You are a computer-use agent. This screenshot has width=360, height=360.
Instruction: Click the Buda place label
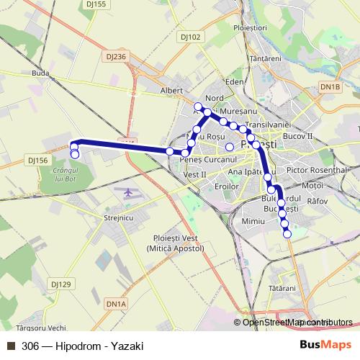(41, 73)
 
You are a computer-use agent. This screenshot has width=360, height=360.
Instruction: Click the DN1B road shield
(330, 86)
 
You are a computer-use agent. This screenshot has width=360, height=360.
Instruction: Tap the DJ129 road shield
(61, 284)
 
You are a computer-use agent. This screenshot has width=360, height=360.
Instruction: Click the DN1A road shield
(115, 305)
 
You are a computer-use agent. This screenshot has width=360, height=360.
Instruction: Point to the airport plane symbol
(129, 192)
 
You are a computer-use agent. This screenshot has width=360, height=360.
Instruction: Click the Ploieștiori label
(250, 27)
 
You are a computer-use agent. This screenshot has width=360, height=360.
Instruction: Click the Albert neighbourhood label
(171, 91)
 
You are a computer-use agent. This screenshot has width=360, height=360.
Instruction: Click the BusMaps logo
(326, 345)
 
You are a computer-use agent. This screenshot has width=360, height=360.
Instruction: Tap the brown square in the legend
(10, 346)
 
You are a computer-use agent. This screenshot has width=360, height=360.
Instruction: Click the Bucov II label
(298, 135)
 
